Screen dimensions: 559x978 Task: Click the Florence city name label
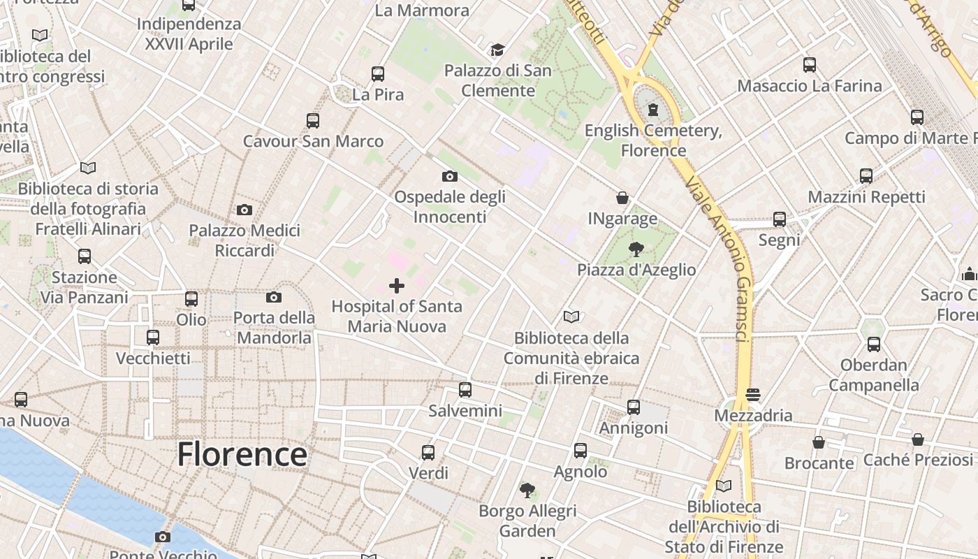pos(242,454)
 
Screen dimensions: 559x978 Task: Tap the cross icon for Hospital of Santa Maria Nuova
pos(397,285)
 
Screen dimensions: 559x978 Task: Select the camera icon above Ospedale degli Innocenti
pos(450,176)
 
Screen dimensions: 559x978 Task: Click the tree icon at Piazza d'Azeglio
pos(636,249)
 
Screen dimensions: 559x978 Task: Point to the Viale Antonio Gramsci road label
pos(717,259)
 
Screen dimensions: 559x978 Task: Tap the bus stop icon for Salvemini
pos(465,390)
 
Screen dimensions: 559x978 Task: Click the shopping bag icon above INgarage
pos(622,198)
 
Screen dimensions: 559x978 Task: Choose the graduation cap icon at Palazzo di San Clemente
pos(497,50)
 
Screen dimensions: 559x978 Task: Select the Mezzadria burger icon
pos(752,395)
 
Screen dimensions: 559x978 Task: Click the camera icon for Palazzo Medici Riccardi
pos(244,210)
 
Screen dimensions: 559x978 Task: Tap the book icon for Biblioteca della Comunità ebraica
pos(571,317)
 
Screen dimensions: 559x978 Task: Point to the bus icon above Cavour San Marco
pos(312,120)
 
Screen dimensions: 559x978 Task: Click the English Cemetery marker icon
pos(653,110)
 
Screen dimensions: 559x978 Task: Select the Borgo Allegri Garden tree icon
pos(527,491)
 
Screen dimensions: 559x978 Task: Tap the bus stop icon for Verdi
pos(428,453)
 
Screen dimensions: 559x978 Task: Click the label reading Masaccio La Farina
pos(810,86)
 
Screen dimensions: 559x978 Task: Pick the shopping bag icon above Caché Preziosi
pos(918,440)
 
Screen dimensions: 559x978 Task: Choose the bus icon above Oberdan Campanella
pos(874,344)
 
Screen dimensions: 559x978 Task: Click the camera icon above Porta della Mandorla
pos(274,298)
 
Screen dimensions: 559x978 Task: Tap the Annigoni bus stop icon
pos(634,407)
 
